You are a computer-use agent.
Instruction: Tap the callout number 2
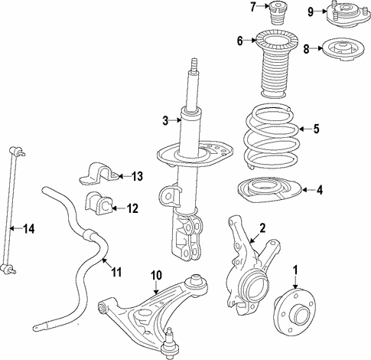(262, 227)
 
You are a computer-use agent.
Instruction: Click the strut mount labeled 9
(343, 13)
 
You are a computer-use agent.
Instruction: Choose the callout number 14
(28, 228)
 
